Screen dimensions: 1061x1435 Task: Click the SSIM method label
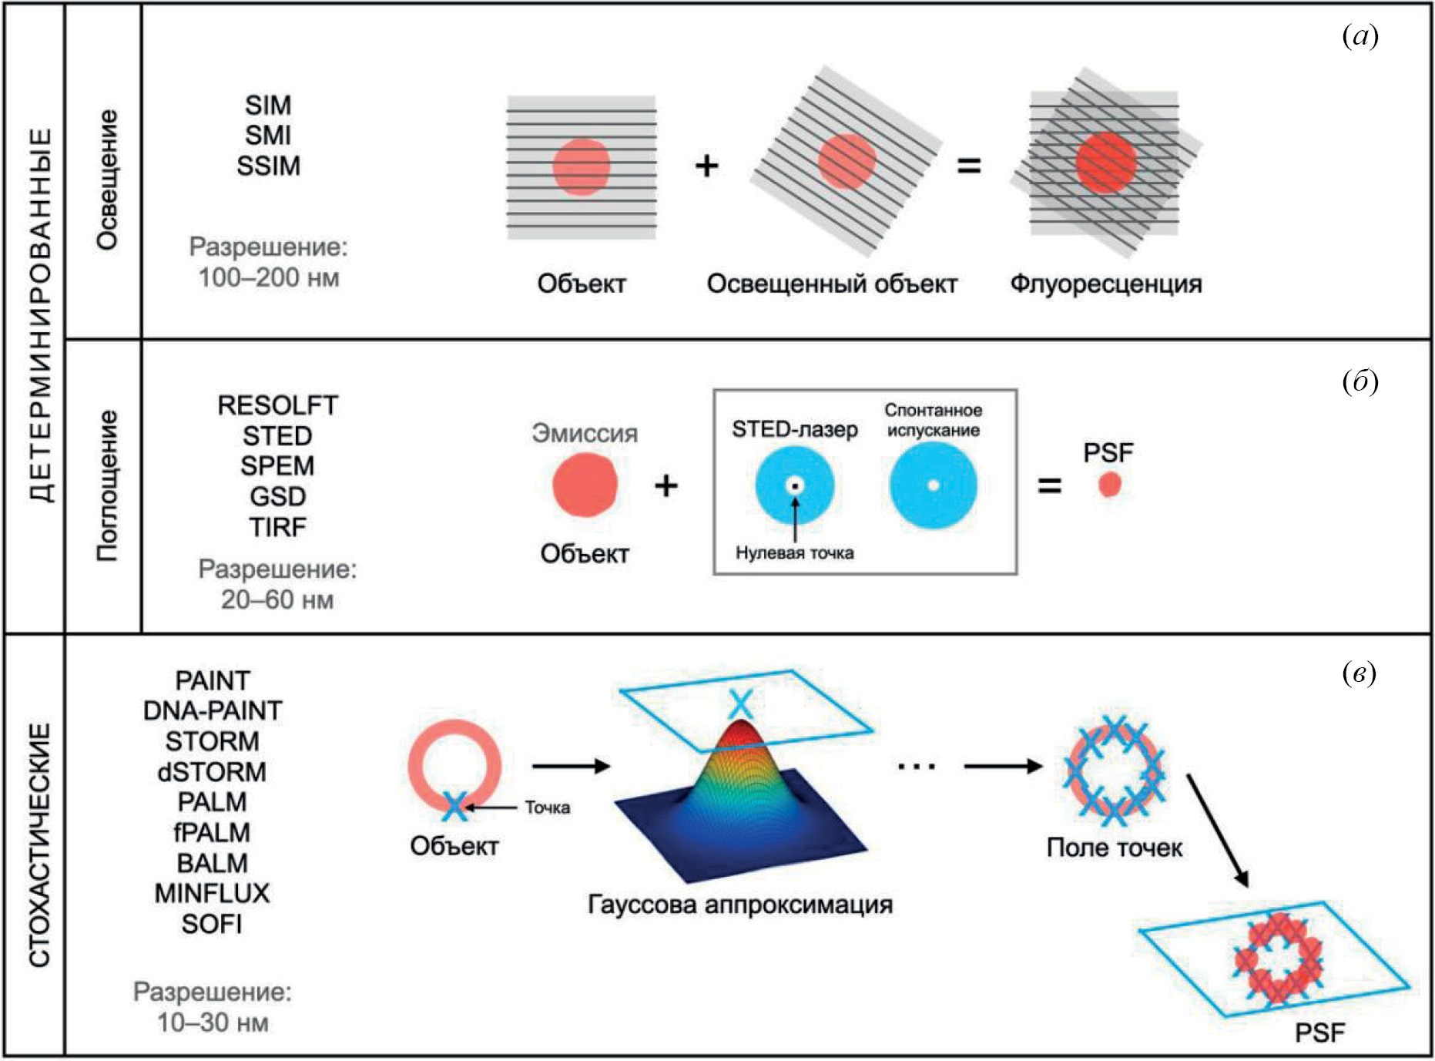(268, 166)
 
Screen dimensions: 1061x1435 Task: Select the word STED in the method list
(277, 436)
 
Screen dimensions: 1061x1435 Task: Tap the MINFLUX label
(212, 893)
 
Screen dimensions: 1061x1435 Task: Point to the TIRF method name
(277, 528)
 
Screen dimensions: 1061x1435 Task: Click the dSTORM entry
(212, 771)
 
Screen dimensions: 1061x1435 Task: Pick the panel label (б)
(1360, 381)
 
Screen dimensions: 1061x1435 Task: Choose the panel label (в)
(1360, 673)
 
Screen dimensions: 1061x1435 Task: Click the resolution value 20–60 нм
(277, 599)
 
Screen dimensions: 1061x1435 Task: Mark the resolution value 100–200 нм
(268, 277)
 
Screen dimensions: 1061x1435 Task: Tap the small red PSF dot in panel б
(1109, 485)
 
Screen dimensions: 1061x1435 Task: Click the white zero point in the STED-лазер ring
(795, 485)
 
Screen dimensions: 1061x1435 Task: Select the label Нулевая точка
(794, 552)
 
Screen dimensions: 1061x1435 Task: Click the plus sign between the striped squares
(706, 166)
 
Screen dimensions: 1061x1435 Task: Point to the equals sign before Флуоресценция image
(968, 166)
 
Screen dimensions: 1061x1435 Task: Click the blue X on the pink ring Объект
(454, 807)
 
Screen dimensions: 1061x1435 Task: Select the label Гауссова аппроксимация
(739, 904)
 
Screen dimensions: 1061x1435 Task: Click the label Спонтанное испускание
(933, 420)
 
